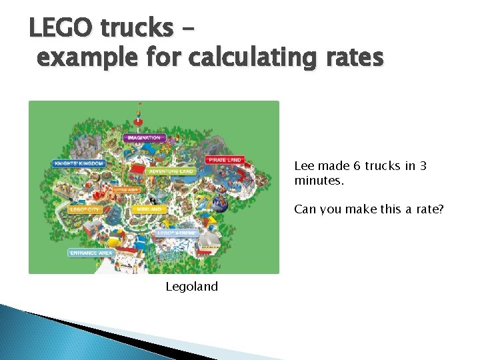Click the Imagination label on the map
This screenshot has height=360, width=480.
point(143,137)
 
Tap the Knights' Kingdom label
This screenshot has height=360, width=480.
point(79,163)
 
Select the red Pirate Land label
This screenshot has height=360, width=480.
point(225,160)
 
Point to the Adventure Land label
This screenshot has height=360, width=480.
point(171,171)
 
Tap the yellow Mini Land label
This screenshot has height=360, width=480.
point(149,209)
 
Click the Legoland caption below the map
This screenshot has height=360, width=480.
point(192,287)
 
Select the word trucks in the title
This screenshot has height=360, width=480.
point(136,28)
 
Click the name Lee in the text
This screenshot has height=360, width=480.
point(304,166)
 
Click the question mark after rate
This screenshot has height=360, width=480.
point(441,209)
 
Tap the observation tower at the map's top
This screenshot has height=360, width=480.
point(139,115)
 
